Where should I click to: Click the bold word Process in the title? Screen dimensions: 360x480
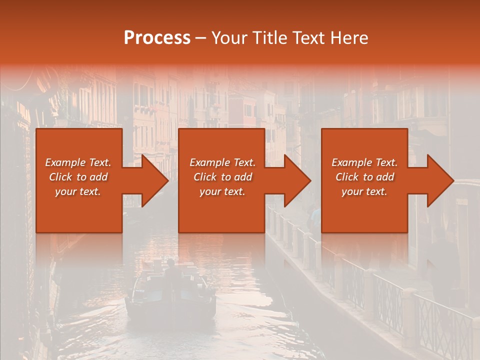click(157, 38)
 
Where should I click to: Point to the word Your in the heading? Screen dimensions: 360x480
click(228, 38)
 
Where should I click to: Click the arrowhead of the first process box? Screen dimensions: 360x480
click(153, 180)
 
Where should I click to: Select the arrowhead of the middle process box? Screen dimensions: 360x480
click(296, 180)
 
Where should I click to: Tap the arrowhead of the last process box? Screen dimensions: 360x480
click(439, 180)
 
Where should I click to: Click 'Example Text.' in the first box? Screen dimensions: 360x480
click(78, 162)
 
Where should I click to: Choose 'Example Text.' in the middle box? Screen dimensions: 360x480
click(222, 162)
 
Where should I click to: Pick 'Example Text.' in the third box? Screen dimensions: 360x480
click(364, 162)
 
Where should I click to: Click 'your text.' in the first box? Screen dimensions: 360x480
click(78, 191)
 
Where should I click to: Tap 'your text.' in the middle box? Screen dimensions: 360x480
click(222, 191)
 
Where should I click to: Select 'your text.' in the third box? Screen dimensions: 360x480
click(364, 191)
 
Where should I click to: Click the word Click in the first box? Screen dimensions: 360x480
click(60, 177)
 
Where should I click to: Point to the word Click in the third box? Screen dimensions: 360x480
click(347, 177)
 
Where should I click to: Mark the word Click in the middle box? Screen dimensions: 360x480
click(205, 177)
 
